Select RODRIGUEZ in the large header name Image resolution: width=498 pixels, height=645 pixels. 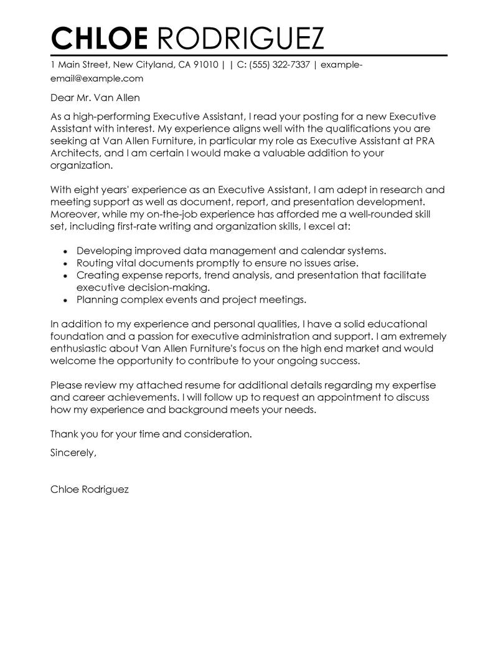(237, 38)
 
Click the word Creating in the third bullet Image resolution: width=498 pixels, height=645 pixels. (96, 275)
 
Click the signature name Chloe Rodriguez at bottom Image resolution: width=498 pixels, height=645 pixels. (89, 490)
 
